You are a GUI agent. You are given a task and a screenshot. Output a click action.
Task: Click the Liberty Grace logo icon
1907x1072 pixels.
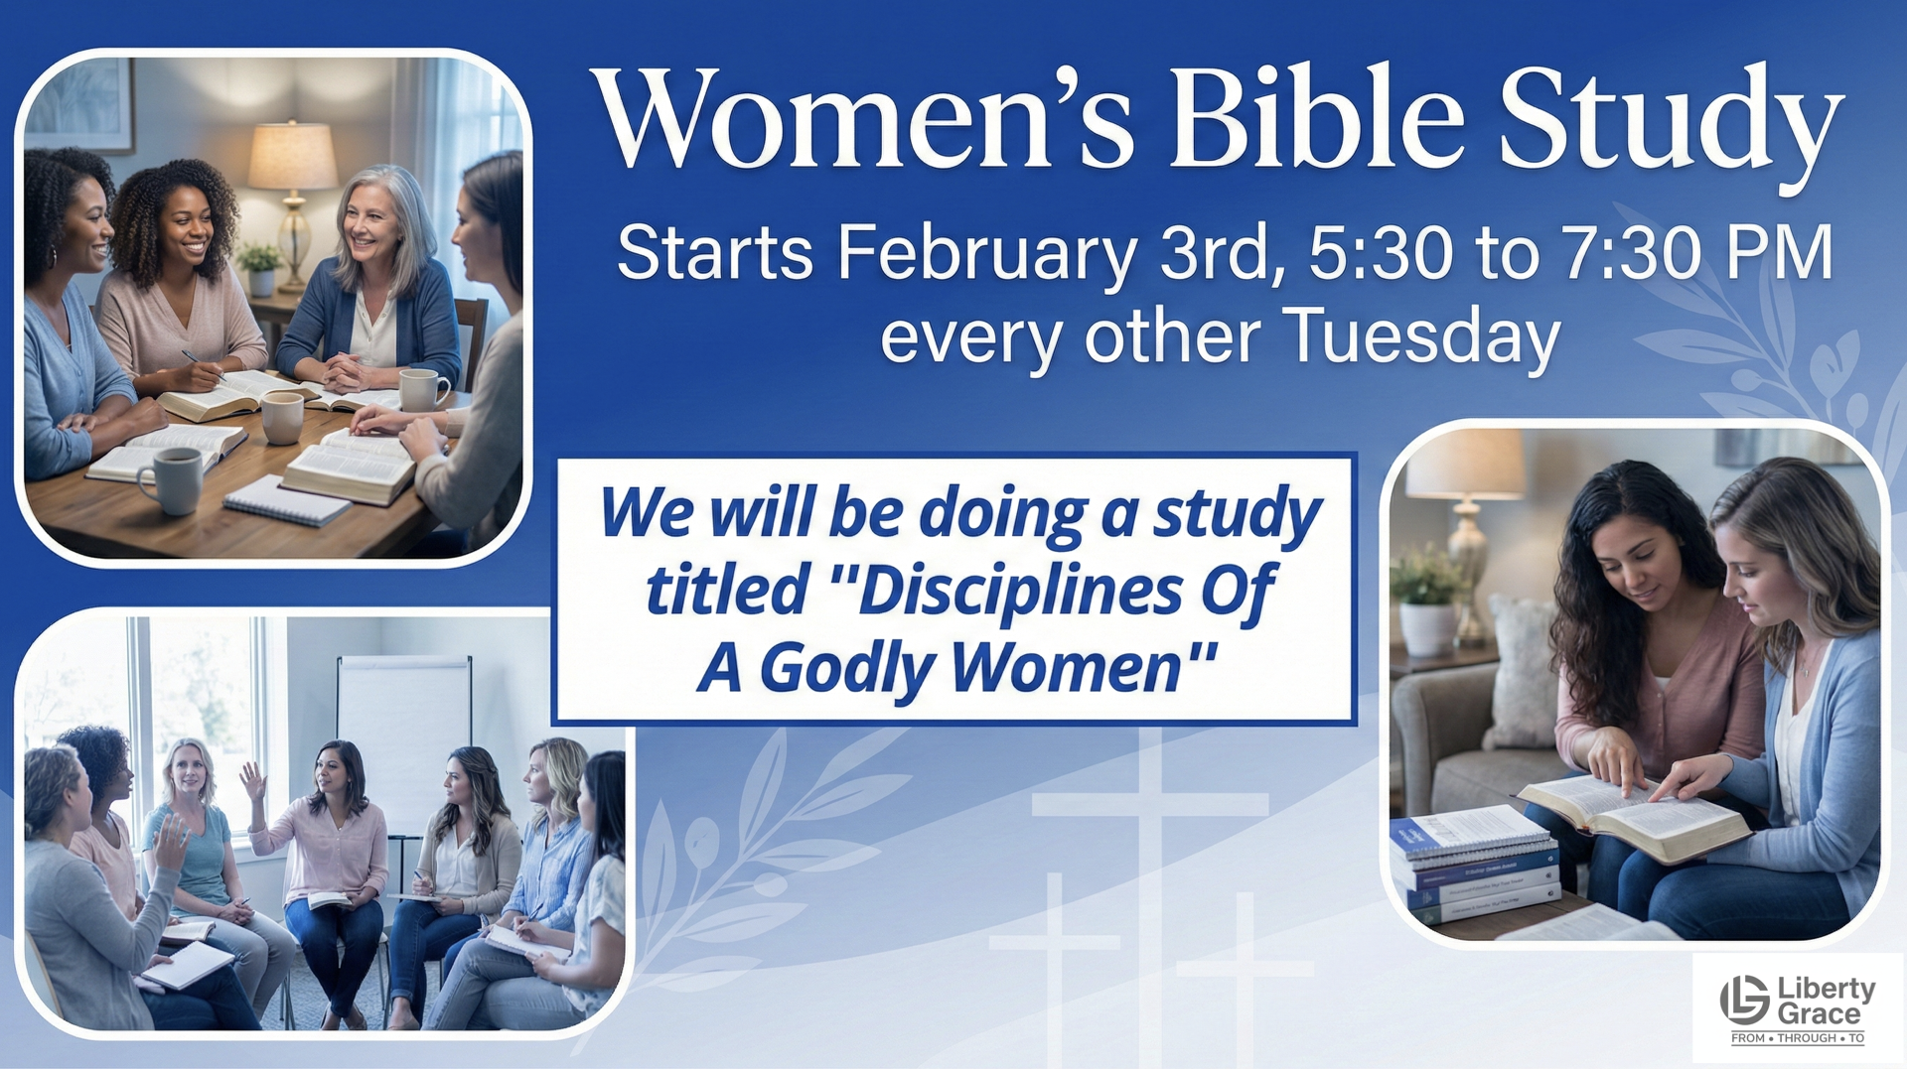(1744, 999)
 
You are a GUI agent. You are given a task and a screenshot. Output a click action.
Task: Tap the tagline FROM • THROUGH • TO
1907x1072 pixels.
(1798, 1038)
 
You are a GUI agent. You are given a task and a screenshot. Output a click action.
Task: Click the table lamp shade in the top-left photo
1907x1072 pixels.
(292, 156)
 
